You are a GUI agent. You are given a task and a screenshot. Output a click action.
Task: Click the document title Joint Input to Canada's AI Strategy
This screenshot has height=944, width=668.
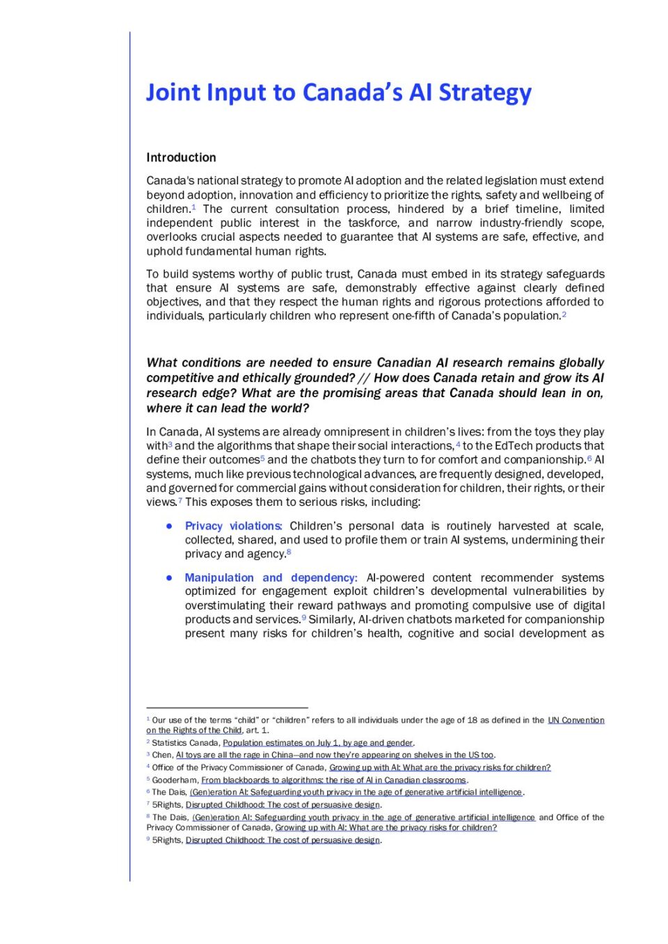(338, 93)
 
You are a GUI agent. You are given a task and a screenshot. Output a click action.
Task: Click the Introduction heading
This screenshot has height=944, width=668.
(181, 157)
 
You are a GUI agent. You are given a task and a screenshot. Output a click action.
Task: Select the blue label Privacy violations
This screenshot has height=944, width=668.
(232, 526)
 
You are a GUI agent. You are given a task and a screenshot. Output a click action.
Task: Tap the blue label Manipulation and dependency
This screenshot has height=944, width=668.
(270, 577)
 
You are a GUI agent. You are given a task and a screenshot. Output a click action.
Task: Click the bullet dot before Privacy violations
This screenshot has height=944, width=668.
(169, 526)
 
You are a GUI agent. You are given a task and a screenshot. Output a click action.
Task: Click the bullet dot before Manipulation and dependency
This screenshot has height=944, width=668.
(169, 577)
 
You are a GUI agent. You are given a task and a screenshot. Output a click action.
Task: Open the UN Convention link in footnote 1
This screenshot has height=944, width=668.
(575, 720)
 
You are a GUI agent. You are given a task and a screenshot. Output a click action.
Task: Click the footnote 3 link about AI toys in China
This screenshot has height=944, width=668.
(334, 755)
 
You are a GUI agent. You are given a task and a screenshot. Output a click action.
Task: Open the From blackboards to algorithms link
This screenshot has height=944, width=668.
(333, 780)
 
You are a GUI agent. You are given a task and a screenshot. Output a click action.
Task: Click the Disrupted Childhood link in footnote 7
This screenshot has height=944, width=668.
(283, 805)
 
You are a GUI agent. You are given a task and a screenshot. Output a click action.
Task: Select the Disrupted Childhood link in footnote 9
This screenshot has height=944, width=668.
(283, 840)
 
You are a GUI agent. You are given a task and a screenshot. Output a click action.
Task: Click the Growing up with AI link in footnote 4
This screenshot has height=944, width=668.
(440, 767)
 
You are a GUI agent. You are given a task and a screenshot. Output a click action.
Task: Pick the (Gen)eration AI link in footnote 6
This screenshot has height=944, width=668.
(356, 792)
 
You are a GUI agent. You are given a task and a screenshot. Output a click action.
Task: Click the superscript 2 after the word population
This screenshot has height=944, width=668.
(564, 314)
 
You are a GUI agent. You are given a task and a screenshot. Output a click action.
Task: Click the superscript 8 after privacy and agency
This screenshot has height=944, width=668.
(289, 552)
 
